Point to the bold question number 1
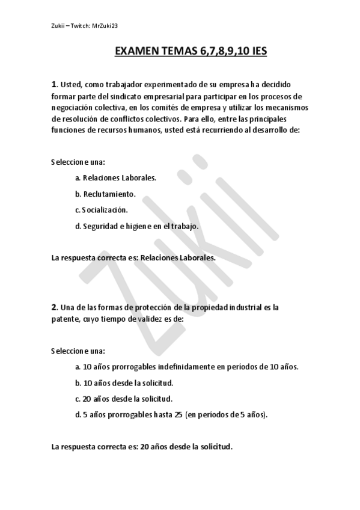[x=54, y=84]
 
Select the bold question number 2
[x=54, y=307]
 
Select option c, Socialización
[x=102, y=210]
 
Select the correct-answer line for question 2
[x=142, y=447]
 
